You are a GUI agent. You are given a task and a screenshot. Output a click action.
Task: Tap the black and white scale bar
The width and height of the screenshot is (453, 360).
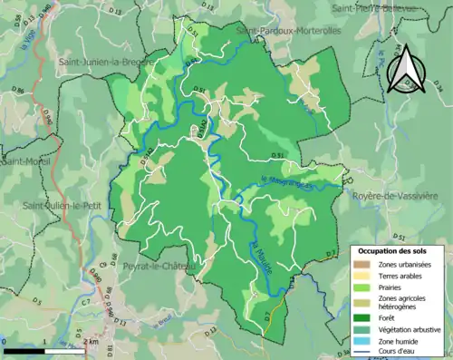point(46,350)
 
